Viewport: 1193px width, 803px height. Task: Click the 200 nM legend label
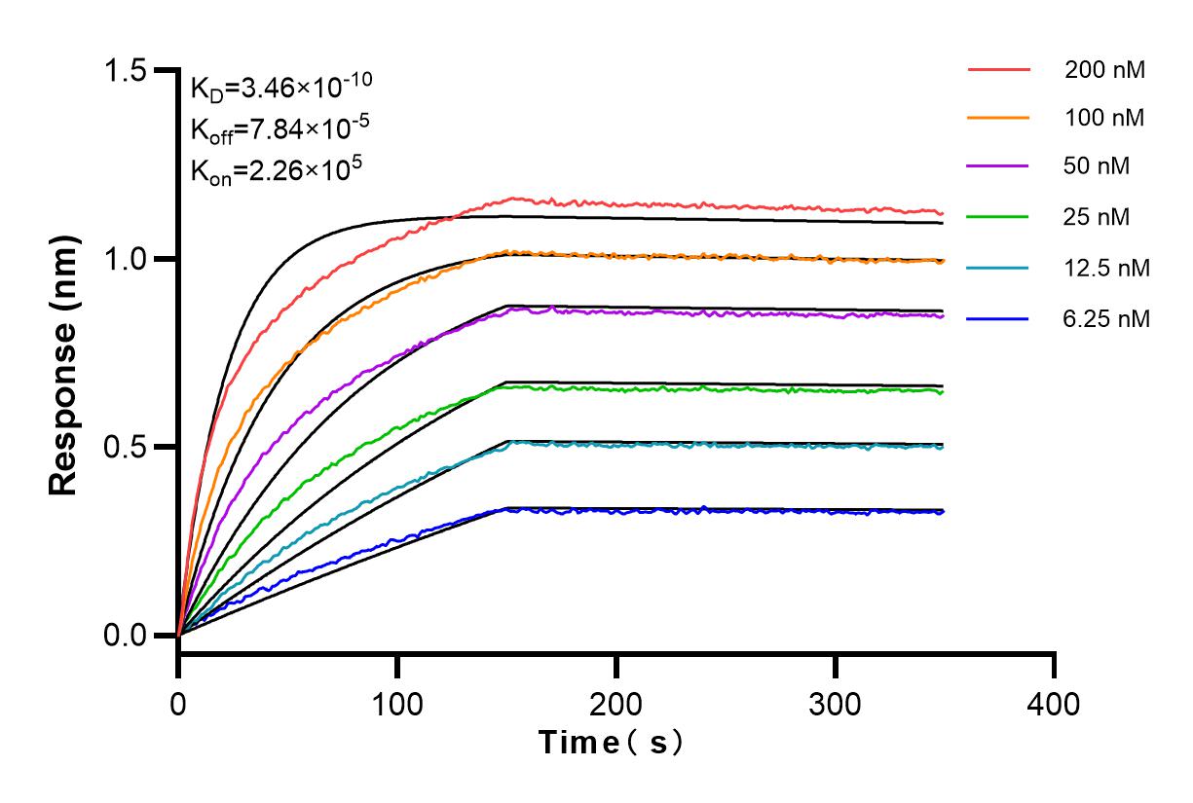[1104, 70]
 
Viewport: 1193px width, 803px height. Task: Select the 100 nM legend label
[1104, 118]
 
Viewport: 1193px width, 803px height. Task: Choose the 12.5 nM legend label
[1107, 267]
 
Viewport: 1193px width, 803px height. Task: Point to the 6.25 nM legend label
[1107, 317]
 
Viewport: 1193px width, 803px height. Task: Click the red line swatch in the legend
[998, 70]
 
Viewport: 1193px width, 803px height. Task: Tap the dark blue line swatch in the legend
[998, 317]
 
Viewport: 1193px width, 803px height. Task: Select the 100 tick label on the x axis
[397, 703]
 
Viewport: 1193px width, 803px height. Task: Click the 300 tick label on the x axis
[835, 703]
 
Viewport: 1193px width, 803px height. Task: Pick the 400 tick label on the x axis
[1054, 703]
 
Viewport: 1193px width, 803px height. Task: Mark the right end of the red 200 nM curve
[942, 212]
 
